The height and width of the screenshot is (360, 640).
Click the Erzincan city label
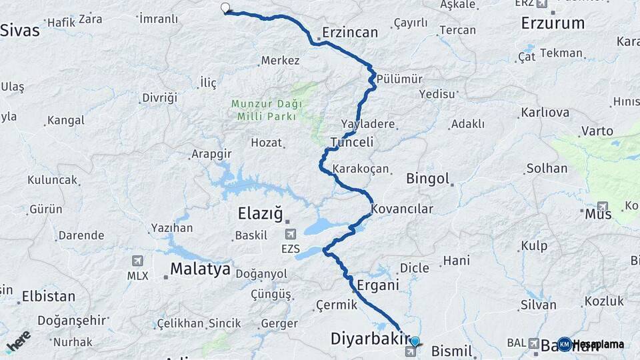(x=349, y=32)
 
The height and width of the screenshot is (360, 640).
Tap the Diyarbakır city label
(x=369, y=339)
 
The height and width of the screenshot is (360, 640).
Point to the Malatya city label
(x=200, y=269)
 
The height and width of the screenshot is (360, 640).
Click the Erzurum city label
(x=553, y=23)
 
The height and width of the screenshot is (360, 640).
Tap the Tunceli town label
(x=351, y=142)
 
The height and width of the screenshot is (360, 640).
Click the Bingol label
(x=427, y=179)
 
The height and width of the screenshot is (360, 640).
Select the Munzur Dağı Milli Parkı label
(x=267, y=109)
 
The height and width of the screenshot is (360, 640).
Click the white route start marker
(x=225, y=9)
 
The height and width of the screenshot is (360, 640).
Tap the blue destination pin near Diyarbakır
(x=415, y=341)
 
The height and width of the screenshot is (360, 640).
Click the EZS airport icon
(x=291, y=235)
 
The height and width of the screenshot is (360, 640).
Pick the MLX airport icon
(x=138, y=261)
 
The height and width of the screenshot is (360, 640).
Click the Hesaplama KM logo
(x=591, y=344)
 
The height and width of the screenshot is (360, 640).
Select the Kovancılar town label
(x=402, y=209)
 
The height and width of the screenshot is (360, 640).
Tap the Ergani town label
(x=377, y=285)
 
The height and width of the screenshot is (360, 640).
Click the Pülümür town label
(x=399, y=79)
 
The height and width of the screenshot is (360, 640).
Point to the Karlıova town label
(x=545, y=113)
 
